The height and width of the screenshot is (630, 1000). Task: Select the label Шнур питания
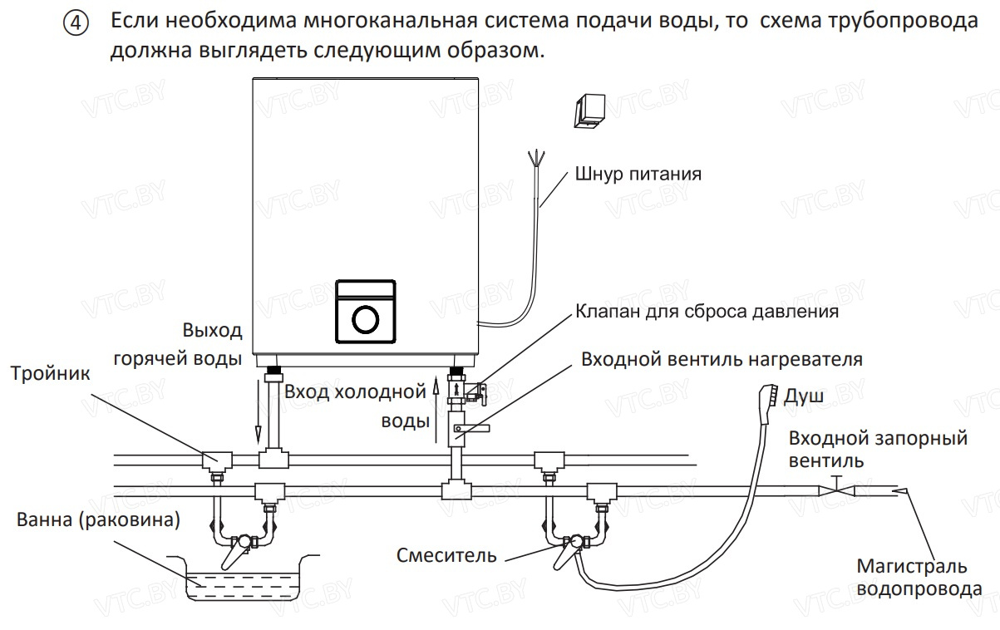[x=638, y=175]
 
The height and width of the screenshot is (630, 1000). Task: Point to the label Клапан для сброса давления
[x=707, y=312]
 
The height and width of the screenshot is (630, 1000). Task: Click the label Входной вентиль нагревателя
[x=722, y=360]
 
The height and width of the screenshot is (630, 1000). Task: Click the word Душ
[x=804, y=396]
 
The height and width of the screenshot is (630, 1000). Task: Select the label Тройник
[x=50, y=373]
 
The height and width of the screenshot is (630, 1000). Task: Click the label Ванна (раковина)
[x=98, y=520]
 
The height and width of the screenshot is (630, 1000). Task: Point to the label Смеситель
[x=446, y=554]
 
